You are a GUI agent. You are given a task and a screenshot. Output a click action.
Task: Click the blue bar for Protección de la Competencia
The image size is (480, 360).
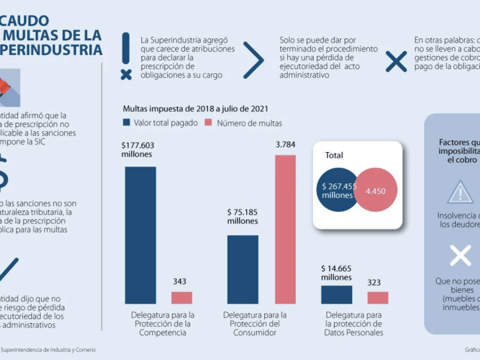[140, 235]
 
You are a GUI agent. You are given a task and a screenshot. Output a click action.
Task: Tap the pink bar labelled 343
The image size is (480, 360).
[181, 297]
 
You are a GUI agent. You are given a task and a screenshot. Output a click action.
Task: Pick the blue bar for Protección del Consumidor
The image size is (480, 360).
[242, 269]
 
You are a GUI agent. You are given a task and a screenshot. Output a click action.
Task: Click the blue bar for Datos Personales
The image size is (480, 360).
[336, 294]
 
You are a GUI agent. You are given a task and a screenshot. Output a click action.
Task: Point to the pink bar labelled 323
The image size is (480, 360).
[377, 297]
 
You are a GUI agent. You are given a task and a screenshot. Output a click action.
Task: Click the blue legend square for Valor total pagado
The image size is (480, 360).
[126, 122]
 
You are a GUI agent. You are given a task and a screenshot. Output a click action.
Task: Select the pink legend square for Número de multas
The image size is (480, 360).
[209, 122]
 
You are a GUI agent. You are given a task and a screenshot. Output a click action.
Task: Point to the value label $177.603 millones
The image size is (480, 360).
[137, 149]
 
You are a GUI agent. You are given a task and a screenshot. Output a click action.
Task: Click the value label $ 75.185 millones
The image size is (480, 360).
[242, 216]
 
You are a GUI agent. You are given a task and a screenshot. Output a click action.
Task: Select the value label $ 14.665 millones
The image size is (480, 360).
[336, 273]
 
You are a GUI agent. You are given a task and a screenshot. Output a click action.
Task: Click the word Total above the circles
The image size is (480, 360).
[334, 155]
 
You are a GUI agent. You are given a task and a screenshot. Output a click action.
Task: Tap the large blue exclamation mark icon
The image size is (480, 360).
[126, 55]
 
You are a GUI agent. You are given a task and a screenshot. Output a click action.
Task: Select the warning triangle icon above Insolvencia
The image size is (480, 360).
[460, 192]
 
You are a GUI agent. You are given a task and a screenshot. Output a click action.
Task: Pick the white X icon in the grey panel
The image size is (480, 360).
[460, 255]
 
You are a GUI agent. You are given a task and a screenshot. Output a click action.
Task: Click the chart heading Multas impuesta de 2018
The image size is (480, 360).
[195, 108]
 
